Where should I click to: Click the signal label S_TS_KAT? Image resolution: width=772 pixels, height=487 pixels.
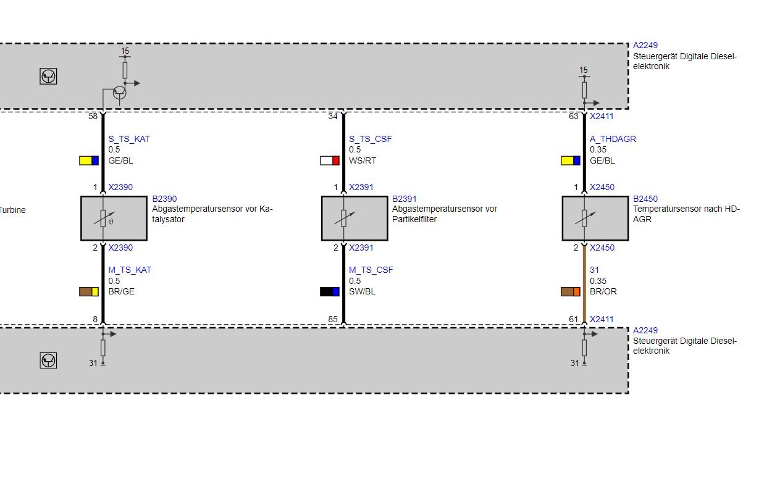pyautogui.click(x=129, y=139)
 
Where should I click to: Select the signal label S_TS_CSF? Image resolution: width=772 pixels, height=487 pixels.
pyautogui.click(x=370, y=139)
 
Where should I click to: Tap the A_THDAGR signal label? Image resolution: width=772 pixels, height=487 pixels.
pyautogui.click(x=613, y=139)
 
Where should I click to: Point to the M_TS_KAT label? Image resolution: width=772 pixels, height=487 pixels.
pyautogui.click(x=130, y=270)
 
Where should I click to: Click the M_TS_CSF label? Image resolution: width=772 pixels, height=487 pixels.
pyautogui.click(x=371, y=270)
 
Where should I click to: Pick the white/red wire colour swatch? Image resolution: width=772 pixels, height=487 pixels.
pyautogui.click(x=330, y=160)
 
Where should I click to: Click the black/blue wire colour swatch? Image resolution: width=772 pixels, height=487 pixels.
pyautogui.click(x=330, y=292)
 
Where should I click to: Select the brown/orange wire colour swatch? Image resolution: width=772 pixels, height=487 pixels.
pyautogui.click(x=571, y=292)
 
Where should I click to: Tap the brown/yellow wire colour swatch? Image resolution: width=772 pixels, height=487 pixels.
pyautogui.click(x=89, y=292)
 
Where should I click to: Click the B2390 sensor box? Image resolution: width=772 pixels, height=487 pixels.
pyautogui.click(x=114, y=219)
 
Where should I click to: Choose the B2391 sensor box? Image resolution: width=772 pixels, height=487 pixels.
pyautogui.click(x=355, y=219)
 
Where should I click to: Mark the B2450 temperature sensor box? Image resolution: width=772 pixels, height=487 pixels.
pyautogui.click(x=595, y=219)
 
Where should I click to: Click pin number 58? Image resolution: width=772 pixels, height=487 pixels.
pyautogui.click(x=93, y=117)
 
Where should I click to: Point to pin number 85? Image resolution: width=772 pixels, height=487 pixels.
pyautogui.click(x=333, y=320)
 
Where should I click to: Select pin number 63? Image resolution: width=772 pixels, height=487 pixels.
pyautogui.click(x=574, y=117)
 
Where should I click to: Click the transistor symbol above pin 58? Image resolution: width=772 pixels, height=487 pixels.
pyautogui.click(x=119, y=93)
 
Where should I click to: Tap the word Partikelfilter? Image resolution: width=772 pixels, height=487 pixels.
pyautogui.click(x=414, y=219)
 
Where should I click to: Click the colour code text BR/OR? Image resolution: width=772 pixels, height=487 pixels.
pyautogui.click(x=603, y=292)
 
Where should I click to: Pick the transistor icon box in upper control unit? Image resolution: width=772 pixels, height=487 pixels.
pyautogui.click(x=48, y=76)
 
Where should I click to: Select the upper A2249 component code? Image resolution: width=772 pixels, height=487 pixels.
pyautogui.click(x=645, y=45)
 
